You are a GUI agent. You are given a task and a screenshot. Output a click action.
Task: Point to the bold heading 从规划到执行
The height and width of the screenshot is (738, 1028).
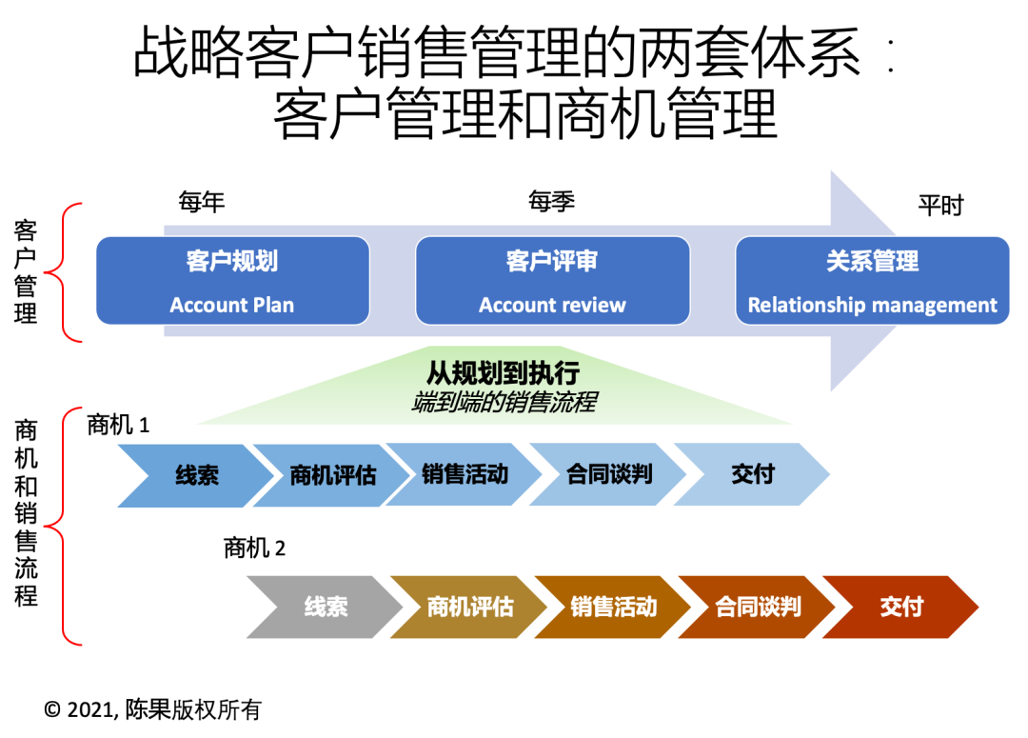(503, 372)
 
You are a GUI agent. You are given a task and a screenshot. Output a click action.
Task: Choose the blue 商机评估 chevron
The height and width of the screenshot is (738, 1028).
(328, 474)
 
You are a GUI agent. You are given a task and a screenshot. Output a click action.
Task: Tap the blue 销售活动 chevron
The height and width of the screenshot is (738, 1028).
(465, 473)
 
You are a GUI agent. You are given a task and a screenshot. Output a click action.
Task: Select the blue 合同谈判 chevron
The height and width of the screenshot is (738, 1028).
(608, 473)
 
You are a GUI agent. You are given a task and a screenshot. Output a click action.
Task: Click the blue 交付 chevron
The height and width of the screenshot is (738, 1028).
(752, 473)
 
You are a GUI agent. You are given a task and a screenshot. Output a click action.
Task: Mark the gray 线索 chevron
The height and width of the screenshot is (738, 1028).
(324, 607)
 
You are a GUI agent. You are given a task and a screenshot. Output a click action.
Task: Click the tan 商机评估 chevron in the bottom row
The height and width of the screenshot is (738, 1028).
(468, 607)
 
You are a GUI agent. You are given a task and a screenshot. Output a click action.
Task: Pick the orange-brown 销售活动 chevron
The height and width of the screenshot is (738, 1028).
(613, 607)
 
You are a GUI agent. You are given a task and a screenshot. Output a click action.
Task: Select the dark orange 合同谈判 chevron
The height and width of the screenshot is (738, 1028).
(758, 607)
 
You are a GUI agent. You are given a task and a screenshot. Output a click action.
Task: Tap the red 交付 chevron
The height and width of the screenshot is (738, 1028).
(900, 607)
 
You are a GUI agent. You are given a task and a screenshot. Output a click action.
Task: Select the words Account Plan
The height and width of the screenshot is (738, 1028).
(231, 306)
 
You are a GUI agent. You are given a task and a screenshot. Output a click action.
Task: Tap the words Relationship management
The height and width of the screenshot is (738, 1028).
(872, 306)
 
